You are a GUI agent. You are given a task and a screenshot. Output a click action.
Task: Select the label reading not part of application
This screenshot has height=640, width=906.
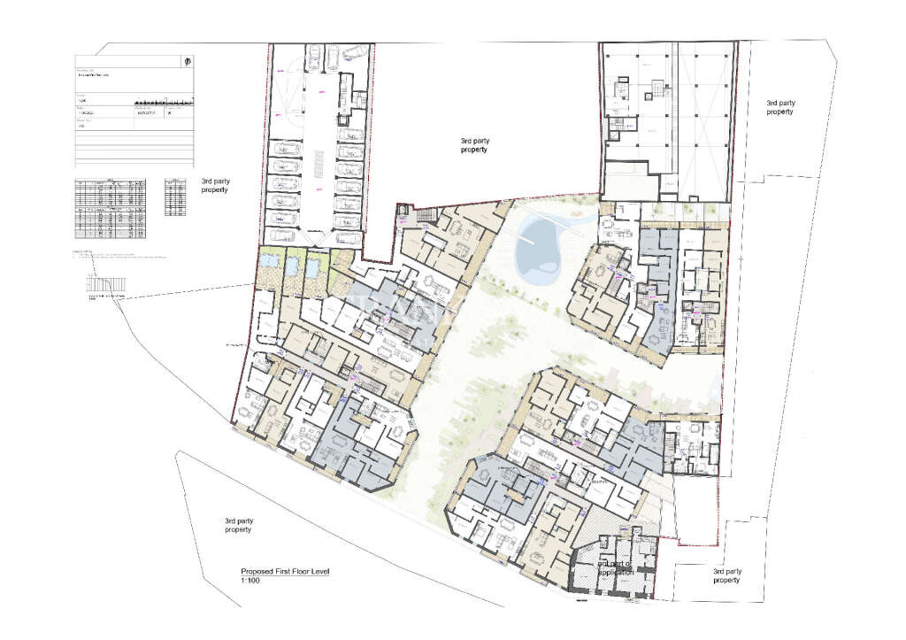[x=616, y=568]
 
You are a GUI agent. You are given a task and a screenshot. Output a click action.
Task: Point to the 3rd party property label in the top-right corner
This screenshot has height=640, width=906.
[x=780, y=107]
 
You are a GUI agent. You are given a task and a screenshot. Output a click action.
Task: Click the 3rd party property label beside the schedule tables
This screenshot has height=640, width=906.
[x=215, y=184]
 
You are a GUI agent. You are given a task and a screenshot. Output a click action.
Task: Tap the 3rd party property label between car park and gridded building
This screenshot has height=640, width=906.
[x=474, y=145]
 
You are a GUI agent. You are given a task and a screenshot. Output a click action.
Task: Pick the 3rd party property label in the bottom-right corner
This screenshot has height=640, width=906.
[x=726, y=575]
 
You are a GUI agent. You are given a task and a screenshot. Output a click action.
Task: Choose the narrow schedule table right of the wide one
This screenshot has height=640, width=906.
[x=176, y=196]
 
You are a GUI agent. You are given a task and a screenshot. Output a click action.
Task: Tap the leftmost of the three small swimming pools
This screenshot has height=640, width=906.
[x=268, y=263]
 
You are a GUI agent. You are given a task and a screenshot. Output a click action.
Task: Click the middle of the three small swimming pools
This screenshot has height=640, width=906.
[x=291, y=263]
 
